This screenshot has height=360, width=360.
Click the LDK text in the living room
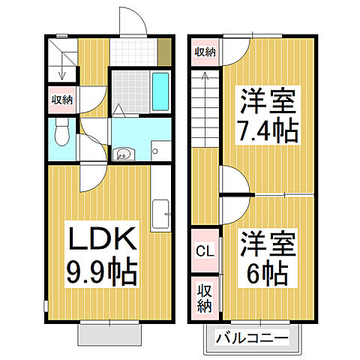(103, 242)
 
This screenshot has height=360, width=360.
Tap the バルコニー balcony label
(252, 338)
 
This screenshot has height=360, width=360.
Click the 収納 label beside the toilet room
(61, 100)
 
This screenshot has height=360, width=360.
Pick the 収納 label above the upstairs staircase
(205, 52)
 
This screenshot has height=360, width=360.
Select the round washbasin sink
(123, 155)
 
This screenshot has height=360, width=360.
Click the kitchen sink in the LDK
(160, 213)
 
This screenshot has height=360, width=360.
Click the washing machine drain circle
(153, 151)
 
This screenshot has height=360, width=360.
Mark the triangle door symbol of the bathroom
(118, 109)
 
